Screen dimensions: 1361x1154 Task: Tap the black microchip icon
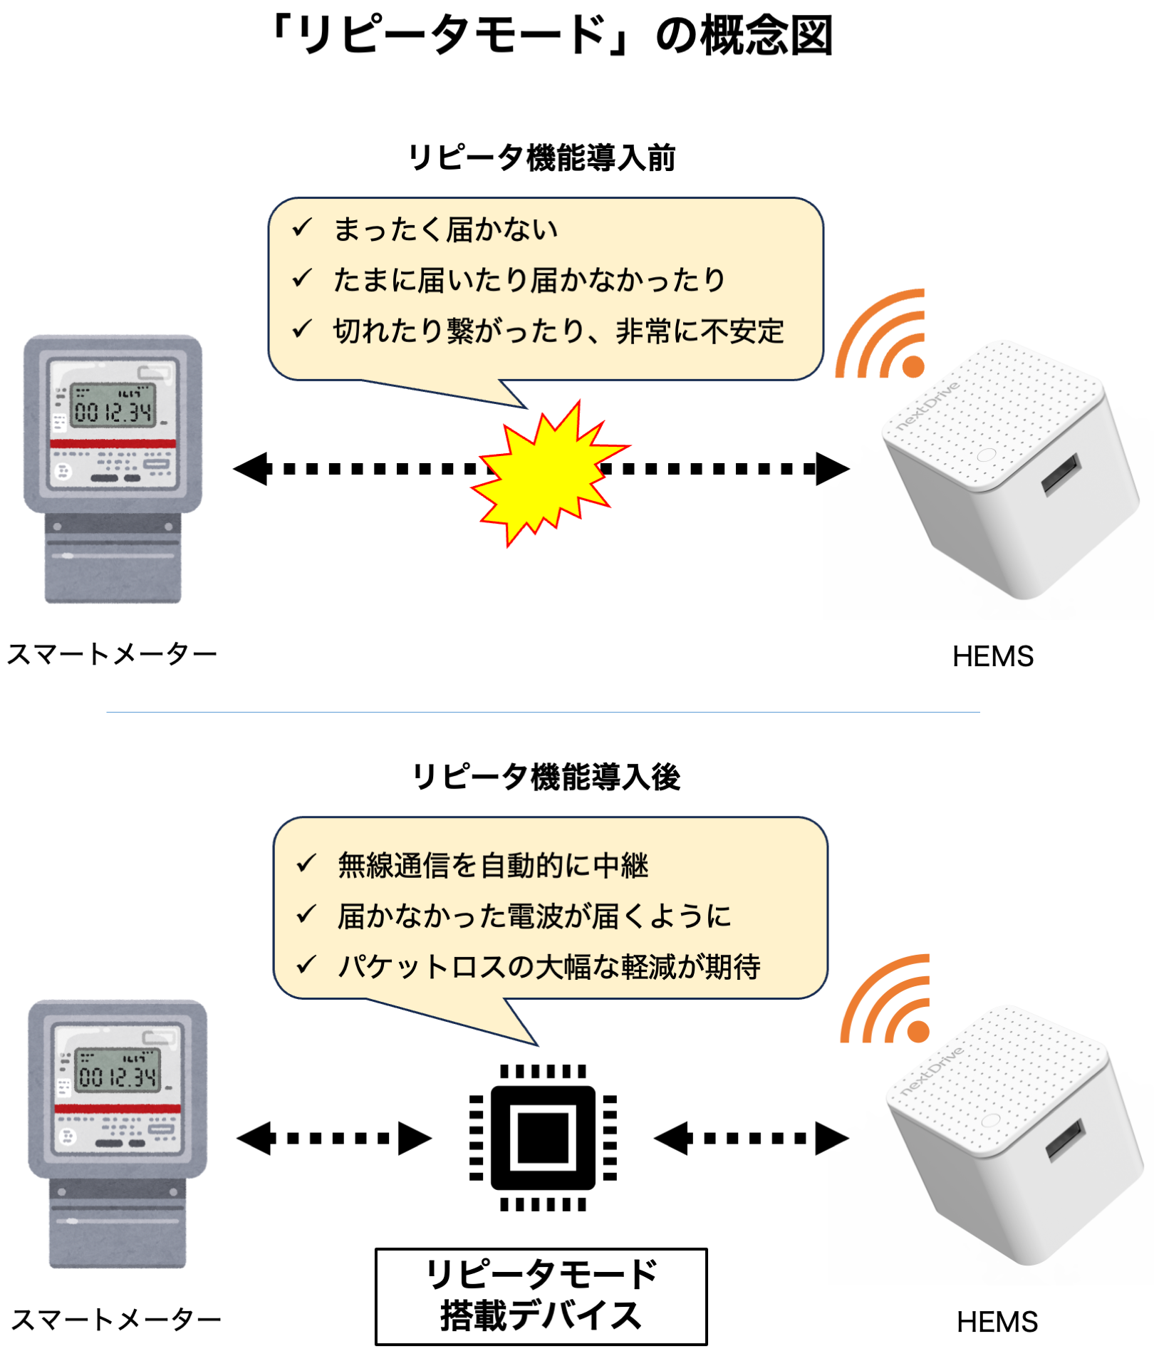543,1137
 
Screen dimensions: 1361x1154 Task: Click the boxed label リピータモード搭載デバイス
541,1296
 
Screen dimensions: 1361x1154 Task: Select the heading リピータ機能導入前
541,157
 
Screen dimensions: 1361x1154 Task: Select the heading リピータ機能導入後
546,777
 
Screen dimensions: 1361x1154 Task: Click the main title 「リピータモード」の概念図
551,36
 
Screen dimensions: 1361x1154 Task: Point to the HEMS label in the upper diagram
992,656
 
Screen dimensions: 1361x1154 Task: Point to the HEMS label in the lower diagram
997,1322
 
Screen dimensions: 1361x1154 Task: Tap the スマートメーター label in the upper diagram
112,654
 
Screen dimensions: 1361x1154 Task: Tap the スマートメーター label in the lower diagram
116,1320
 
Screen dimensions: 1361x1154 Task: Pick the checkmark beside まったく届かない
302,228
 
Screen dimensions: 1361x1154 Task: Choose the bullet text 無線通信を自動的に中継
493,866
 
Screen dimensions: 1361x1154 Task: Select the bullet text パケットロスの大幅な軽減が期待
549,967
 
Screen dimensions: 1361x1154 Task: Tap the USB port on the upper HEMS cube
1061,474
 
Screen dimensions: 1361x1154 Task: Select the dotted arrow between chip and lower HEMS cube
752,1138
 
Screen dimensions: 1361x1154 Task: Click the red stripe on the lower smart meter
118,1109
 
